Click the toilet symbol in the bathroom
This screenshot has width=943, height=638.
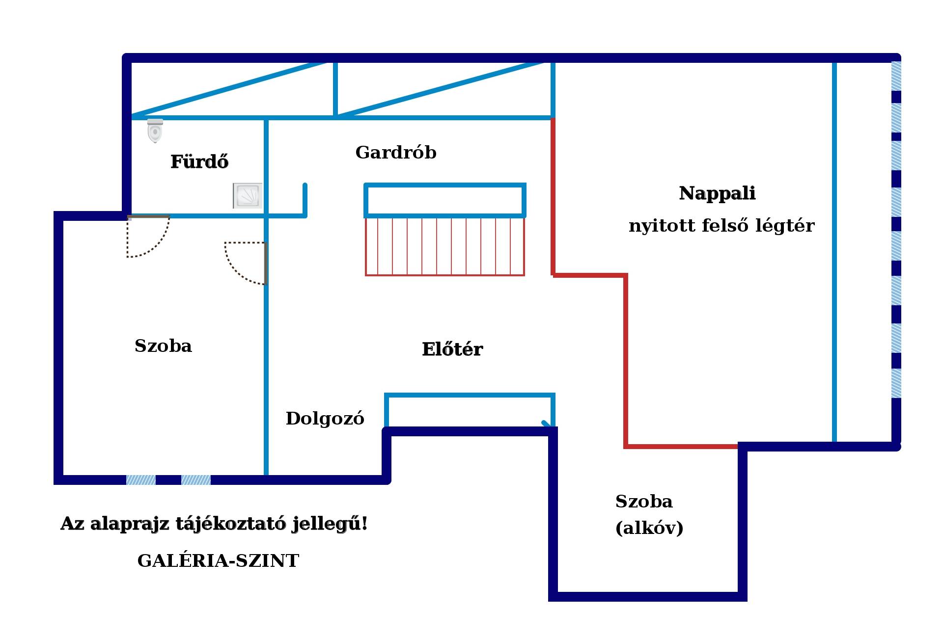(155, 131)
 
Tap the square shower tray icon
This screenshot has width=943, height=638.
(248, 196)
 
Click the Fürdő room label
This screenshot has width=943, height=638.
(199, 161)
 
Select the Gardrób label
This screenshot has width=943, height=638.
(396, 153)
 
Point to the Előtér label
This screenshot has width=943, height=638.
(452, 349)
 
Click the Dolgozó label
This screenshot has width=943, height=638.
(325, 419)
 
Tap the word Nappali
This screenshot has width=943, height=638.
(717, 194)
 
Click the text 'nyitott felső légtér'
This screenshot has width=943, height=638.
(721, 226)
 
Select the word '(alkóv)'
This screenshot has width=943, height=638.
(649, 528)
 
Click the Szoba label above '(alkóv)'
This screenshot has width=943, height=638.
(644, 502)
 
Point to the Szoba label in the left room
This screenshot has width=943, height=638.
(163, 346)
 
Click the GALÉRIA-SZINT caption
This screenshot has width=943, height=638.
(218, 560)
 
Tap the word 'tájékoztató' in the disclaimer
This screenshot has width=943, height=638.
(231, 524)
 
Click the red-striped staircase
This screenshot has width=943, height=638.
(445, 246)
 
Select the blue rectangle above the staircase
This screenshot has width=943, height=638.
(445, 200)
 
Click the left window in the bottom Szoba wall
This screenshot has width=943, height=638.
(141, 480)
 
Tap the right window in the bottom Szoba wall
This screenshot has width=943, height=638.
(196, 480)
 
